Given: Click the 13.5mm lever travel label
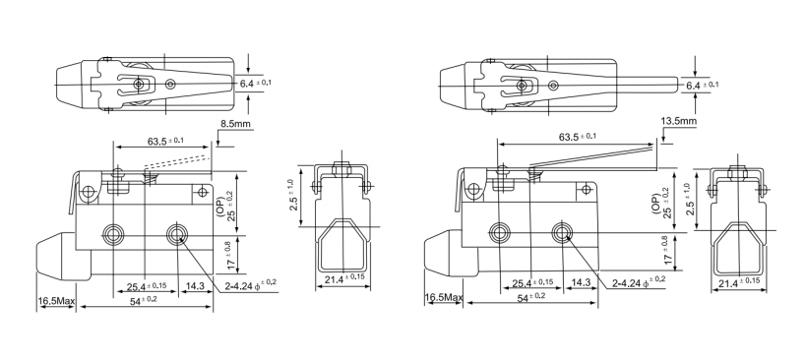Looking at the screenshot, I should click(x=679, y=122).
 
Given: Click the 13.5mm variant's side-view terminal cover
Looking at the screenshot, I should click(x=737, y=246).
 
